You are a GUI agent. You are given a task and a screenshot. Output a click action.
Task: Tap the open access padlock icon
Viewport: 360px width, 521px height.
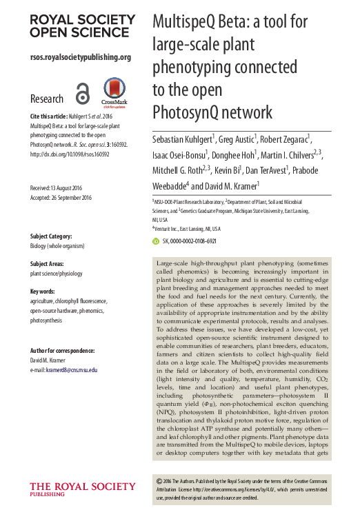[83, 94]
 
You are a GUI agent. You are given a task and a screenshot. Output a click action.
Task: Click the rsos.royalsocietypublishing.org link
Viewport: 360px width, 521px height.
[80, 57]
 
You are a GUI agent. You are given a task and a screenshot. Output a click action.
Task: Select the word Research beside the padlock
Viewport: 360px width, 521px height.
[47, 99]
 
